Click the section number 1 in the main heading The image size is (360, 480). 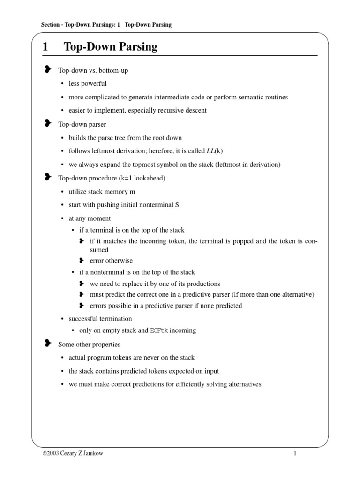click(x=45, y=47)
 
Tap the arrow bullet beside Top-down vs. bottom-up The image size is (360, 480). click(x=47, y=70)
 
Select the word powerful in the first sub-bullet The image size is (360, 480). click(x=95, y=84)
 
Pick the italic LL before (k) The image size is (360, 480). click(x=211, y=151)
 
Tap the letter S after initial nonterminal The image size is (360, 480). click(x=177, y=205)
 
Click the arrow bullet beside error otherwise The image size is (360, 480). click(x=82, y=260)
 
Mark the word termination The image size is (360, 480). click(x=115, y=319)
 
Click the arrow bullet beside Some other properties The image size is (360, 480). click(x=47, y=344)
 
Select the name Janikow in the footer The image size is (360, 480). click(x=94, y=454)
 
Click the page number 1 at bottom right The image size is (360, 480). click(x=296, y=454)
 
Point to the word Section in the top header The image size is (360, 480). click(x=49, y=24)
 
